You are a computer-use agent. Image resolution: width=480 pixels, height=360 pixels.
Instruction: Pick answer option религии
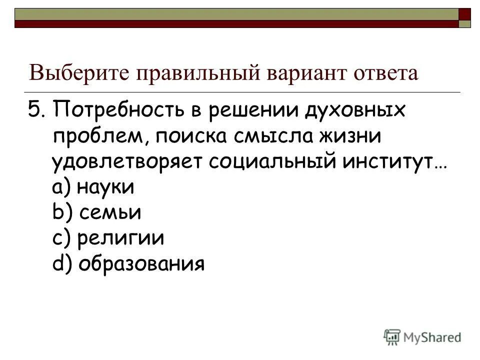tap(121, 238)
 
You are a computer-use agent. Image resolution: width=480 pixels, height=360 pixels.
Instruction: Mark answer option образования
tap(141, 263)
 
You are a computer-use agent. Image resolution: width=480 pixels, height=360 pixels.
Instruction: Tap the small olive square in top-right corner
tap(464, 23)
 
